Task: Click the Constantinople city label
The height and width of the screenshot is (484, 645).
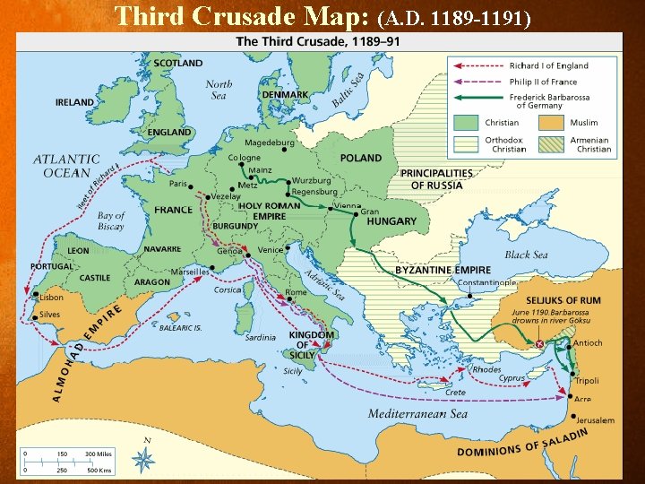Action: coord(487,283)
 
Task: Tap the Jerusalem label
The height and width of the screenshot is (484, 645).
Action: coord(594,419)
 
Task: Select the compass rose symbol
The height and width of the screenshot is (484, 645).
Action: coord(143,458)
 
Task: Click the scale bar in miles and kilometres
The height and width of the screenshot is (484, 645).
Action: coord(67,462)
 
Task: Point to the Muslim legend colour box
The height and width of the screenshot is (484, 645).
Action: coord(550,122)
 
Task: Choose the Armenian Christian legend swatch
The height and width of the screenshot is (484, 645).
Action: coord(550,144)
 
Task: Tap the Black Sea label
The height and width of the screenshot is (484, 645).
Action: coord(527,255)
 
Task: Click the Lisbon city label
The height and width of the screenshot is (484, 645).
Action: coord(51,297)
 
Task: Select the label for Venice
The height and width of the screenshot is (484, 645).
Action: coord(270,250)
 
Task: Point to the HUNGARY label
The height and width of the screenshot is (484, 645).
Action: coord(391,221)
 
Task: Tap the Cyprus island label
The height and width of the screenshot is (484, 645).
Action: coord(512,378)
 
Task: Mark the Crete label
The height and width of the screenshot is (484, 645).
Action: coord(455,392)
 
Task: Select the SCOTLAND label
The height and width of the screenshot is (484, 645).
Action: coord(177,64)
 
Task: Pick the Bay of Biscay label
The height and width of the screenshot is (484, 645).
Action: coord(111,220)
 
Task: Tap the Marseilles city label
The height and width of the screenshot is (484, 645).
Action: coord(190,272)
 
